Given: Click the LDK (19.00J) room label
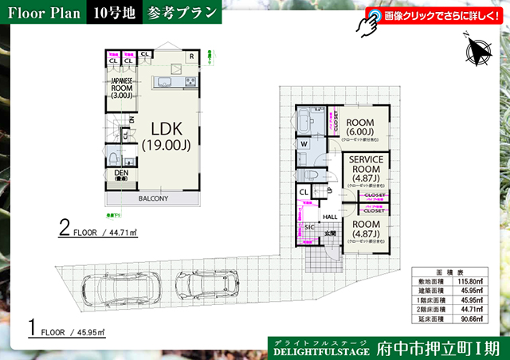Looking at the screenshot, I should [164, 136].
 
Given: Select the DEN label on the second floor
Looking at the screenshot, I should [121, 175].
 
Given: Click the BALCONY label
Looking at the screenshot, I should [152, 198].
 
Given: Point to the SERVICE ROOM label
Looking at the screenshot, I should [367, 169].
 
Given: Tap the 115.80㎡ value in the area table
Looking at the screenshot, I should [473, 281].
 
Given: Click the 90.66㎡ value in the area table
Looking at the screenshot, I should [473, 319].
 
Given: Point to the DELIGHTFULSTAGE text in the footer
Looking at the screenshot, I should [321, 350].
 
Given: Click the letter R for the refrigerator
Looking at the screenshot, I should [192, 57].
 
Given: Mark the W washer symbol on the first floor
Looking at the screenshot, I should [304, 144].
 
